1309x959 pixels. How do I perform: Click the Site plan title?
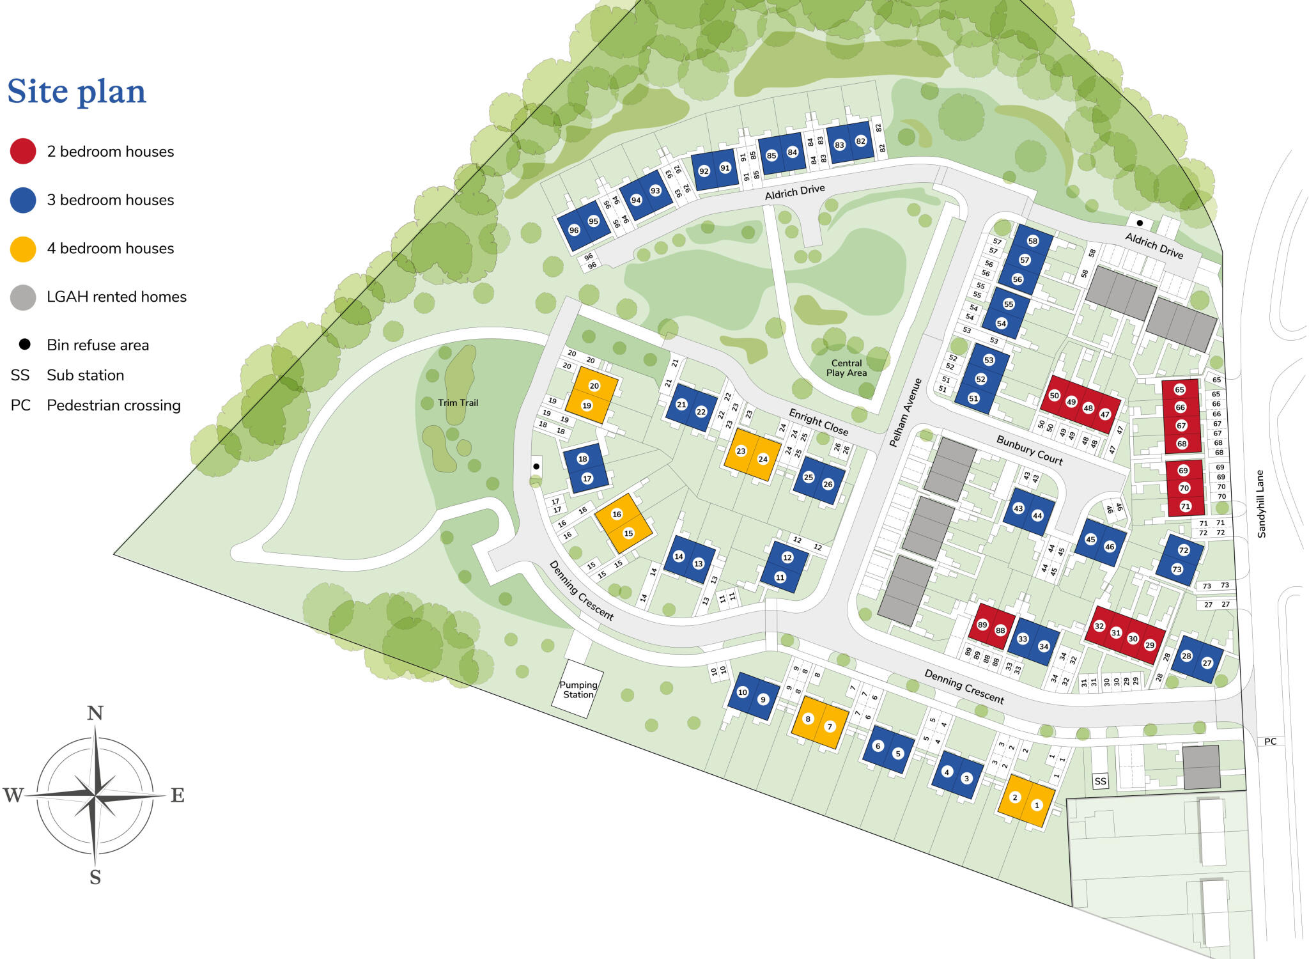(x=77, y=91)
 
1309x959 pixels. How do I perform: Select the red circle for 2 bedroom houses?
(x=23, y=152)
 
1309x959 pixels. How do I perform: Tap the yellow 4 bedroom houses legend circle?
(x=23, y=249)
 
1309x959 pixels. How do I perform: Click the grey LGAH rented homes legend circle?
(x=23, y=297)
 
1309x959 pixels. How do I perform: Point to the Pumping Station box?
(x=578, y=690)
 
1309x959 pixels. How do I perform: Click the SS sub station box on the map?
(x=1100, y=781)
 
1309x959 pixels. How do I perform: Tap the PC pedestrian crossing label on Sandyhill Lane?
(x=1270, y=742)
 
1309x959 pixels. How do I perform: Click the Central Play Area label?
(x=846, y=368)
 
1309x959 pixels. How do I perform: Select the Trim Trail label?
(x=458, y=403)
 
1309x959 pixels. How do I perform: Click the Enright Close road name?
(x=818, y=422)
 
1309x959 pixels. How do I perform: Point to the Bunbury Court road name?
(x=1029, y=450)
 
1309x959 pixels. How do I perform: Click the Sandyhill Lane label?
(x=1261, y=504)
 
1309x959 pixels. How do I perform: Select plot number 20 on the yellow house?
(x=594, y=386)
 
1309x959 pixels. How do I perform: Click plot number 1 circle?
(x=1037, y=806)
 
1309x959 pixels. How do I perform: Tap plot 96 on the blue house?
(x=574, y=230)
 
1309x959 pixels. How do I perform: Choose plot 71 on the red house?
(x=1185, y=506)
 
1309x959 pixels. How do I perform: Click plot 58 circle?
(x=1033, y=241)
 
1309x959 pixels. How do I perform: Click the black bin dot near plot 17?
(x=536, y=466)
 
